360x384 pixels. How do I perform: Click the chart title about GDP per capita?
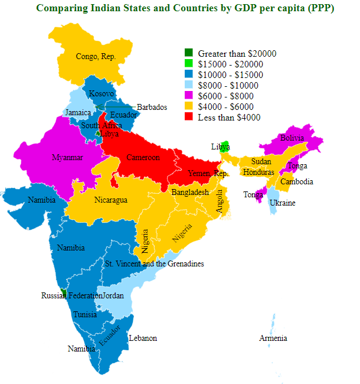(x=184, y=8)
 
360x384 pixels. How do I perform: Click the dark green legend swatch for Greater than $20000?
(x=189, y=53)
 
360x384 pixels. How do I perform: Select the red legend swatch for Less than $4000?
(x=189, y=117)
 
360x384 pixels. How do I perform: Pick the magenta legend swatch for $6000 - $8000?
(x=189, y=96)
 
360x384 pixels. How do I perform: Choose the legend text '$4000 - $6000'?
(x=226, y=106)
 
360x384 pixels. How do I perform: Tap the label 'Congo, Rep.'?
(x=96, y=57)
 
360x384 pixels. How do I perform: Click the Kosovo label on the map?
(x=101, y=94)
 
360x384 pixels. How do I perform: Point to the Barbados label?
(x=152, y=107)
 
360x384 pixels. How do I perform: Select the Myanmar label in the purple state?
(x=67, y=158)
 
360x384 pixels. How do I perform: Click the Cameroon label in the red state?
(x=143, y=158)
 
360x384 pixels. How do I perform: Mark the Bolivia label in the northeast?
(x=292, y=138)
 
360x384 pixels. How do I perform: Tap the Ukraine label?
(x=282, y=203)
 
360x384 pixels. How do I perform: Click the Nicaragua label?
(x=111, y=200)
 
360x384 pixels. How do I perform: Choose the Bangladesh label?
(x=190, y=193)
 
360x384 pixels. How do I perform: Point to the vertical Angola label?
(x=220, y=201)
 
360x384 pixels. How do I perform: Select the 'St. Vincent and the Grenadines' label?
(x=154, y=263)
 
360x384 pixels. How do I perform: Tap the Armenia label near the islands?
(x=273, y=338)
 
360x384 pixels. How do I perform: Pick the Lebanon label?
(x=143, y=338)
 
